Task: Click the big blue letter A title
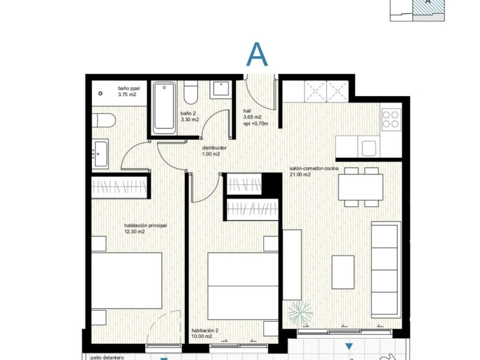257,55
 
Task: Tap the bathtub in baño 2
164,108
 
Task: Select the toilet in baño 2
191,92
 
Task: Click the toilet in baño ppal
104,121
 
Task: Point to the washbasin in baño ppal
100,154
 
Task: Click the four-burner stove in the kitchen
391,119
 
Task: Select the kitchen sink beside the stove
370,148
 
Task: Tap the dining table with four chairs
361,187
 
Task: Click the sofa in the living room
386,269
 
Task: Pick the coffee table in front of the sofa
343,272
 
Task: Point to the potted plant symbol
300,313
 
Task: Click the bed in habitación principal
127,280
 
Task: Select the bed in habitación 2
243,286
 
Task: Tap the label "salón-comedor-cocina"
314,169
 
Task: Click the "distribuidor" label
214,148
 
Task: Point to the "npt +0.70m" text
256,124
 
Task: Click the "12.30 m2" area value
134,232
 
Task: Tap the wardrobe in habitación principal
119,187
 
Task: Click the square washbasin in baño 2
220,89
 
